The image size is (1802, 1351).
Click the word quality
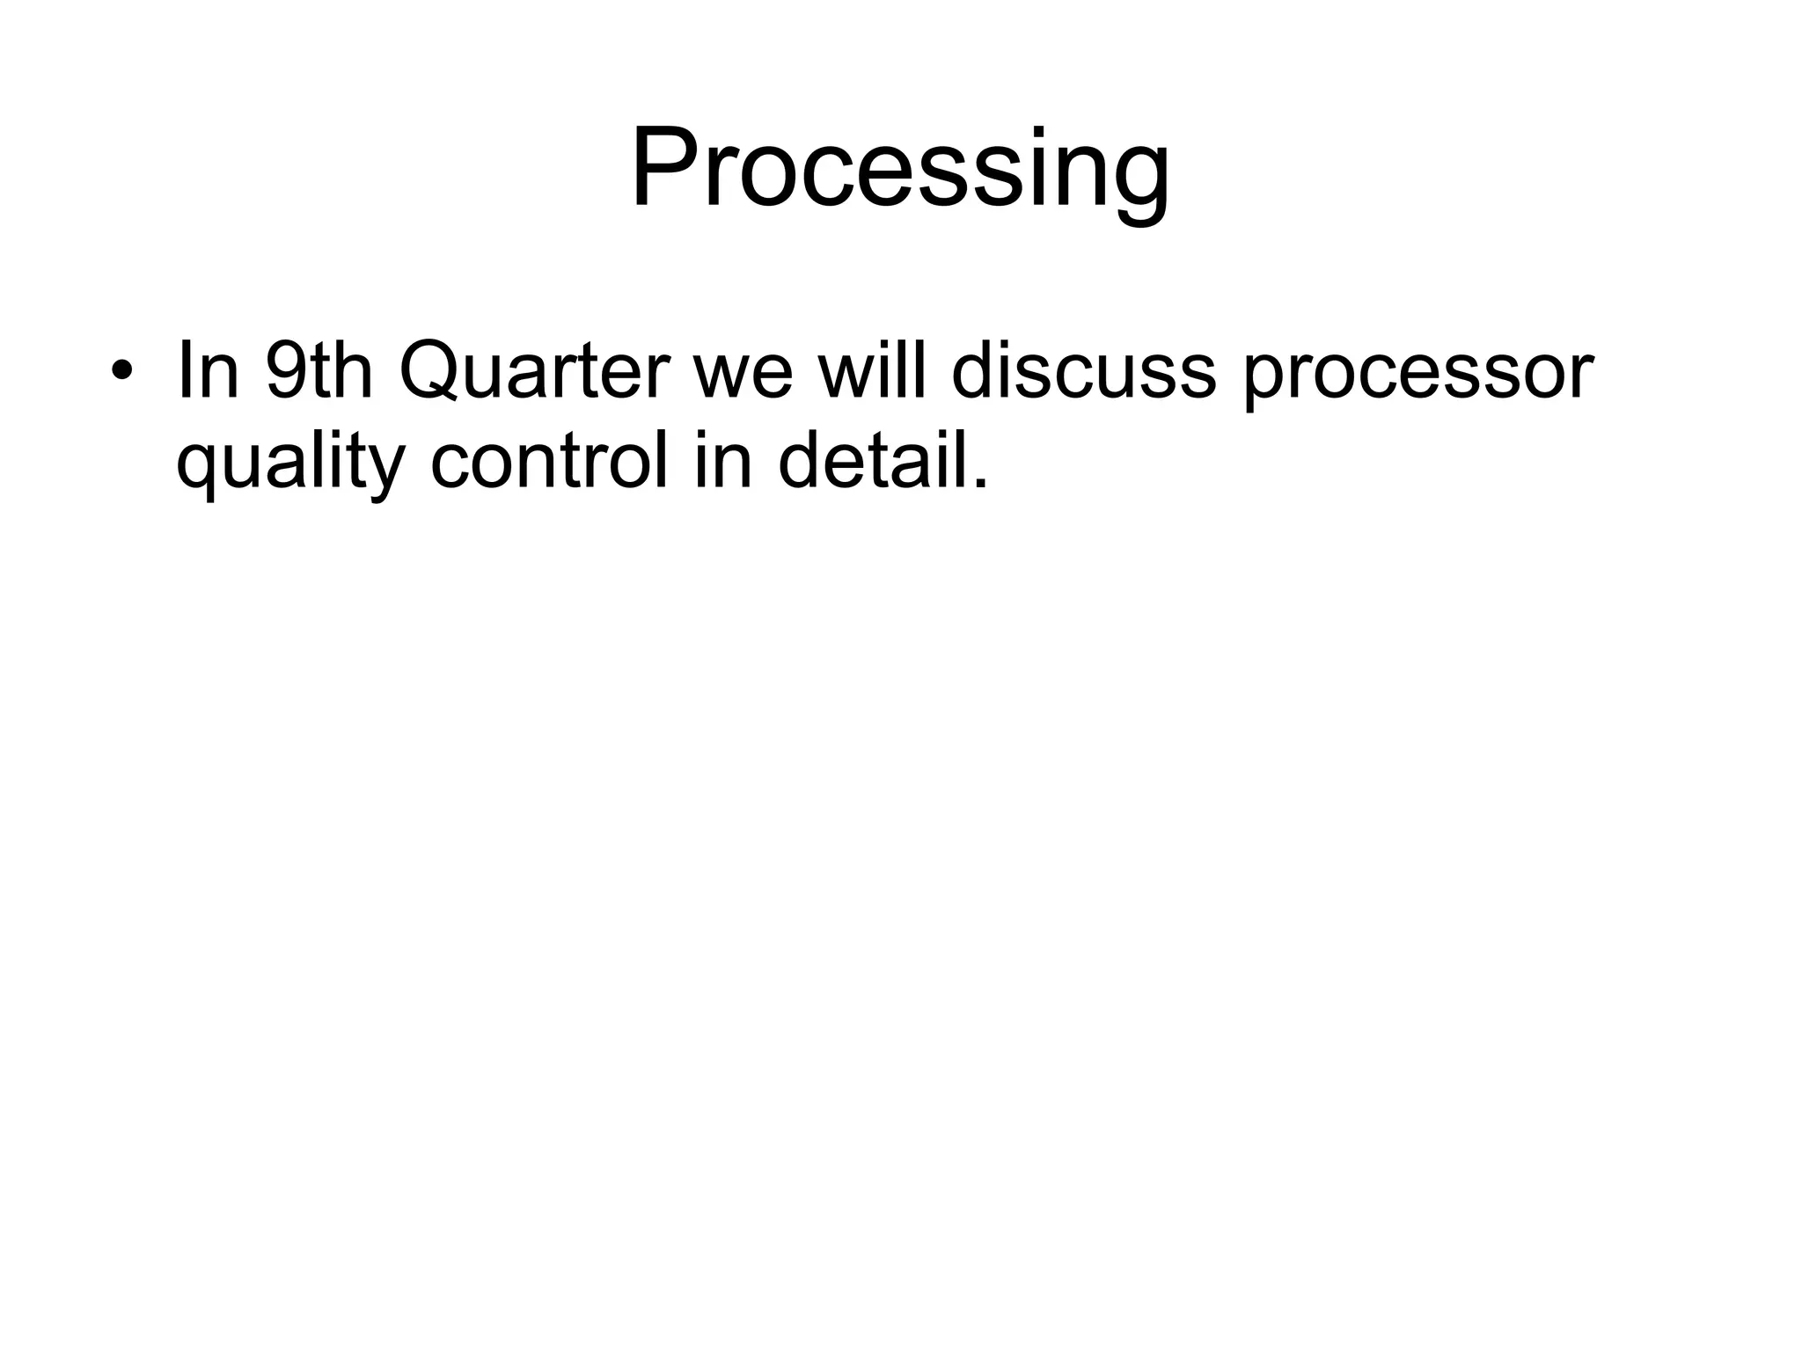[x=290, y=463]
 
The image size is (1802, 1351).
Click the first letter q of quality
[x=200, y=471]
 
